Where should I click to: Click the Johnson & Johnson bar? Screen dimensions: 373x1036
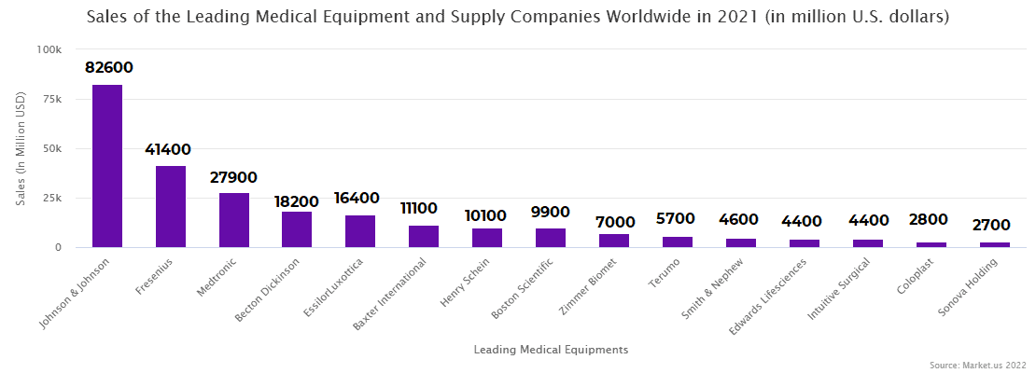[107, 166]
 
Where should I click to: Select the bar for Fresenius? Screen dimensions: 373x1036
[171, 206]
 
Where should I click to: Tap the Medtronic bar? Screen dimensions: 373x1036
[234, 220]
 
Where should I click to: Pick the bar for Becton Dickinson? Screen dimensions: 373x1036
[297, 229]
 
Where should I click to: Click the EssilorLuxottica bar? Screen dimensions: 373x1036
[360, 231]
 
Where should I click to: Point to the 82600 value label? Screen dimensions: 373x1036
[108, 68]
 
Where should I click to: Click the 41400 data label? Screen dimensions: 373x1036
[168, 149]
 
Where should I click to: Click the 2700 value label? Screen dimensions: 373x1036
[993, 225]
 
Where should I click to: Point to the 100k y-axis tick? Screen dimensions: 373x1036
[49, 49]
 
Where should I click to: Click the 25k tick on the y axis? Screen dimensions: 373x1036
[51, 198]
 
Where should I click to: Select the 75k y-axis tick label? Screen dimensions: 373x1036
[51, 99]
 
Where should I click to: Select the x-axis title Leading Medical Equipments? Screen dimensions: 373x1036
[551, 350]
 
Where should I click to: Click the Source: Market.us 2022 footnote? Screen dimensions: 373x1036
[977, 365]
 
